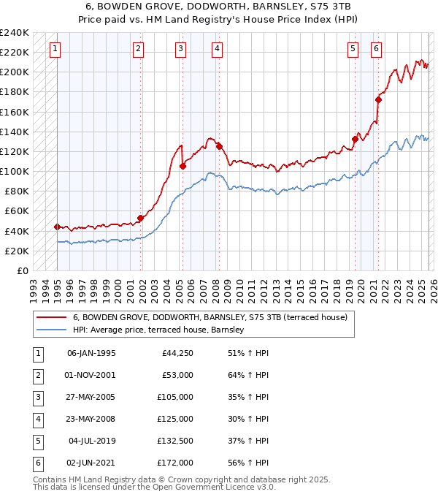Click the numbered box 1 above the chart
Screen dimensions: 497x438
pyautogui.click(x=55, y=49)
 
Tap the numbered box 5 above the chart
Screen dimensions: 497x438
pyautogui.click(x=353, y=49)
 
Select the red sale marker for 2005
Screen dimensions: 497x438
pyautogui.click(x=182, y=166)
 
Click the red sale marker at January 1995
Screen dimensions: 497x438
pyautogui.click(x=57, y=227)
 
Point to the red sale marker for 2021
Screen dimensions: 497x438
pyautogui.click(x=378, y=99)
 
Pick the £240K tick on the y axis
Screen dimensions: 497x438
pyautogui.click(x=15, y=33)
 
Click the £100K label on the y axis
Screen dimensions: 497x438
pyautogui.click(x=15, y=171)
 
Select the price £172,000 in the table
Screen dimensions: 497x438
pyautogui.click(x=176, y=463)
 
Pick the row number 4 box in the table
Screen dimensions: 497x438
pyautogui.click(x=36, y=419)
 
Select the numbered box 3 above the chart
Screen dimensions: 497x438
pyautogui.click(x=180, y=49)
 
